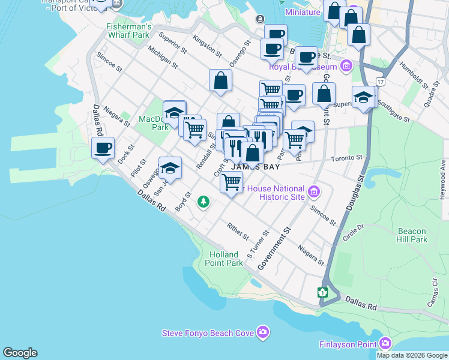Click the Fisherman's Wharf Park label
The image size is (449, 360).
127,31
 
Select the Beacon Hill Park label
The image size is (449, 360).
411,235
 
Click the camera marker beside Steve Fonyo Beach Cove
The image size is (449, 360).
262,332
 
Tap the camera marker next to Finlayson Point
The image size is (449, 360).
385,344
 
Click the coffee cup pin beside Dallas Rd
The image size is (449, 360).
103,148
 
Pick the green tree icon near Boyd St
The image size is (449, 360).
204,202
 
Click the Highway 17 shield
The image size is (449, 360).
380,81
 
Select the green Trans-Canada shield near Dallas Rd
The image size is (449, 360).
323,292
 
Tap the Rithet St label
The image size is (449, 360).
238,231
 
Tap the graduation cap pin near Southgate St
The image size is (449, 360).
364,97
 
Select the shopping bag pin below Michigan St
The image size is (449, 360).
221,80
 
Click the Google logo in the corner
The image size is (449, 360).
20,353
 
